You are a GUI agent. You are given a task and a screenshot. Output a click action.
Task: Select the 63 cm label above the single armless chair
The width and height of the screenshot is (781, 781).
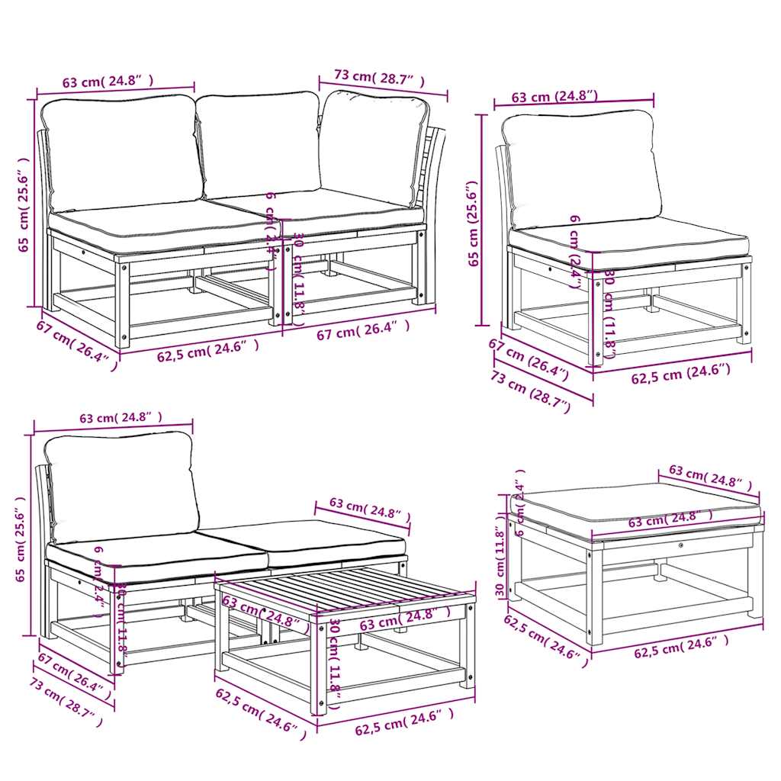coord(554,97)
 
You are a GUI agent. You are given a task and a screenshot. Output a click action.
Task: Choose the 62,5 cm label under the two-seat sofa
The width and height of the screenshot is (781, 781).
coord(207,347)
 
